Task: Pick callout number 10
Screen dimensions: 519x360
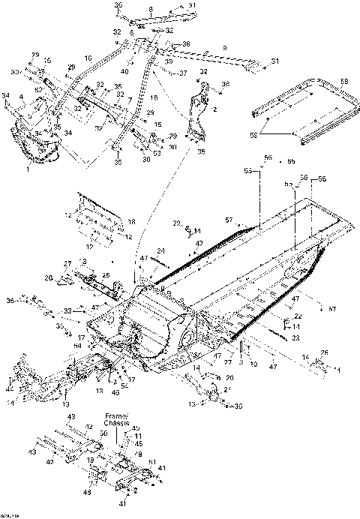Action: (x=88, y=58)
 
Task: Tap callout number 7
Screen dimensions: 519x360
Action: (x=130, y=100)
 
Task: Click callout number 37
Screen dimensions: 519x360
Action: (x=181, y=73)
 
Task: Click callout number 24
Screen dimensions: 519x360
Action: (x=160, y=250)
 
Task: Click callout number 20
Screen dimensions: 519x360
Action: (x=230, y=377)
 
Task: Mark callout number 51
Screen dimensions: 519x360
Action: (x=152, y=463)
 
